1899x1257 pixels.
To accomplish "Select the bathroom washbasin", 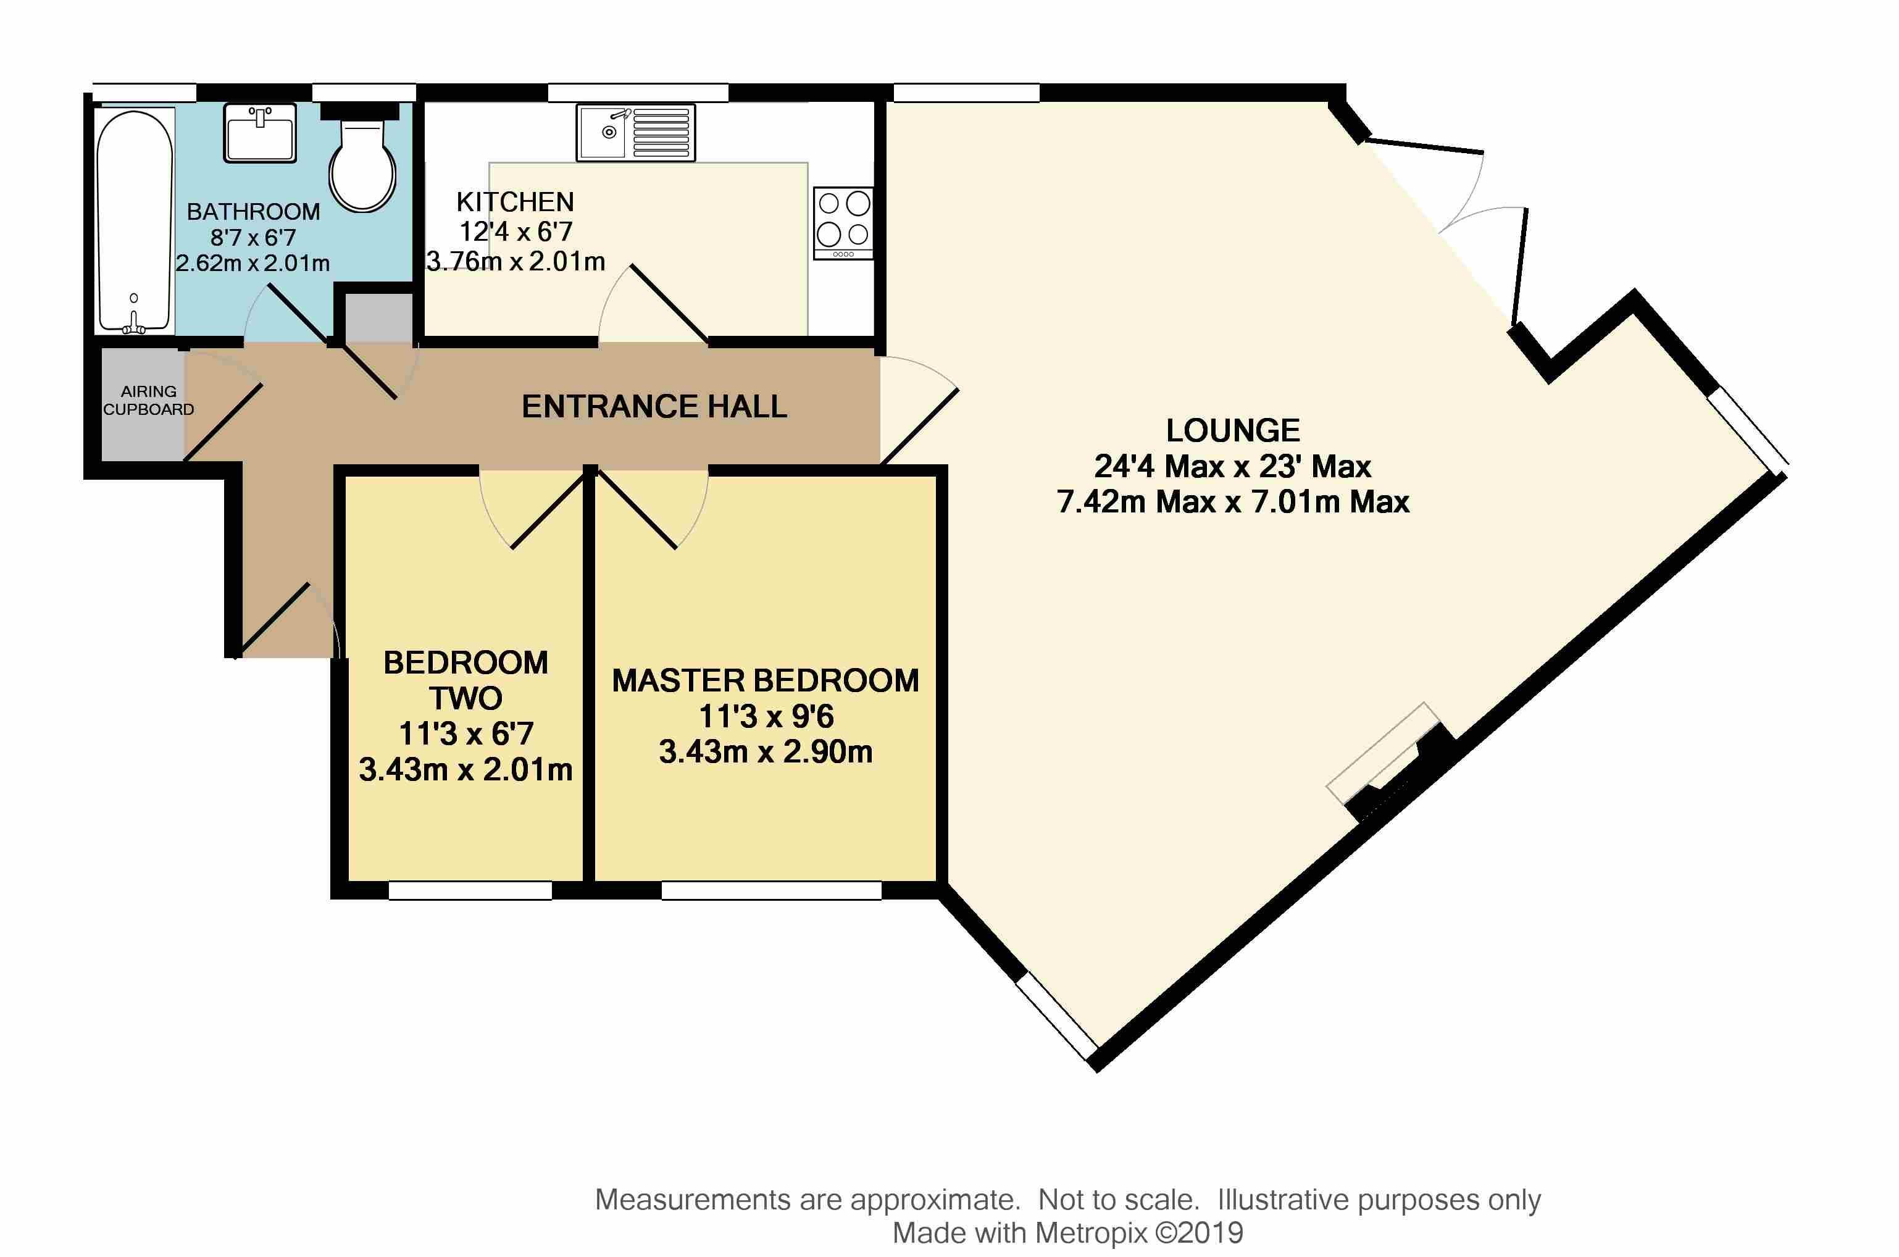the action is tap(260, 133).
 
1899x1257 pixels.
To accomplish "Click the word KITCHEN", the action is tap(515, 201).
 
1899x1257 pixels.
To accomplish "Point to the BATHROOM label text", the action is tap(253, 212).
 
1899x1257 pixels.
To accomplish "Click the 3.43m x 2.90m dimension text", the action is tap(766, 752).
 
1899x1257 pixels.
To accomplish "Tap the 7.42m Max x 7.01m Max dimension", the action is tap(1233, 502).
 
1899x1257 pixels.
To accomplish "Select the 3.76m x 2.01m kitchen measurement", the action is tap(515, 261).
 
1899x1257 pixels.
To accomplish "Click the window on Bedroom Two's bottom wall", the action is tap(470, 890).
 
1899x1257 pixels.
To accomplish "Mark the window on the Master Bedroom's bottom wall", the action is tap(771, 890).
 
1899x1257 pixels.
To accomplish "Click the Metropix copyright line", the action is tap(1068, 1233).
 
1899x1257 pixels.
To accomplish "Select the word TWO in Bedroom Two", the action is tap(465, 698).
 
